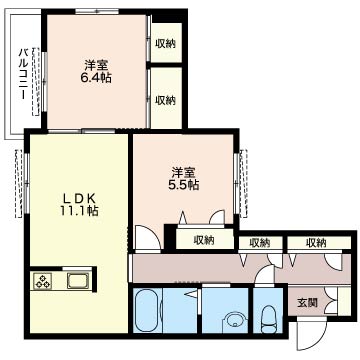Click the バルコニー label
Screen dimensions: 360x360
tap(23, 74)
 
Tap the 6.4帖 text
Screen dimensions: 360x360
tap(97, 78)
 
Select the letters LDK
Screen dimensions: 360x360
tap(80, 199)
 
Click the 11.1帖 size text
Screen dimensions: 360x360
tap(80, 211)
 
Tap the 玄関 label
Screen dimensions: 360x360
tap(307, 303)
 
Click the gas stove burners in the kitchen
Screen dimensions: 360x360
tap(43, 280)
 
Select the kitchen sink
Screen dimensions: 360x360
tap(78, 280)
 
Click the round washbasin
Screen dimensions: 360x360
tap(235, 320)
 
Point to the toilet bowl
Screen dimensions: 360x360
tap(268, 319)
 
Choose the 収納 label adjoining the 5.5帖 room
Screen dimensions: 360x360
tap(204, 240)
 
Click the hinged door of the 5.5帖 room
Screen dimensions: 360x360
tap(147, 237)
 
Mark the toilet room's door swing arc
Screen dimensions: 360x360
tap(265, 274)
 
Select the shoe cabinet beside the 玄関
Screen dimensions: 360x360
tap(344, 300)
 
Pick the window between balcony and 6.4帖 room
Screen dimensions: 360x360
tap(44, 81)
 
